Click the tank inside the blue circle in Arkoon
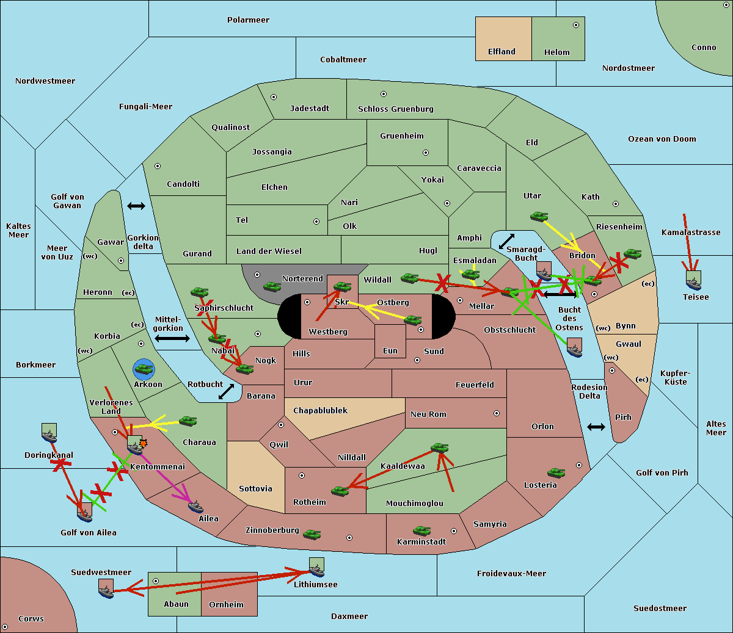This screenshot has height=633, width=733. [144, 369]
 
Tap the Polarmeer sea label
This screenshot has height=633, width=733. [248, 20]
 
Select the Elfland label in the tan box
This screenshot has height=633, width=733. [501, 52]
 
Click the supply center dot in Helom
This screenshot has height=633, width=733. [576, 25]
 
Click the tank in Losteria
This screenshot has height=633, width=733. [556, 472]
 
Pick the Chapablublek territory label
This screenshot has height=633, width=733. [320, 410]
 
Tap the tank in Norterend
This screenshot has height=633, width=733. [272, 286]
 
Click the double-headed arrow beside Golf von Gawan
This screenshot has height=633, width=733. [136, 206]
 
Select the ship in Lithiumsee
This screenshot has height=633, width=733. [316, 568]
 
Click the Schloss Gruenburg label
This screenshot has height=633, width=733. [395, 109]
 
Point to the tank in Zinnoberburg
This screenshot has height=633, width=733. [312, 535]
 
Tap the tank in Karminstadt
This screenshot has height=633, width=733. [421, 531]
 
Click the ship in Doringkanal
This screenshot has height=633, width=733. [49, 433]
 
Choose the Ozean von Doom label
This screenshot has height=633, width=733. [662, 139]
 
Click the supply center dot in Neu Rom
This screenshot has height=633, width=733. [497, 413]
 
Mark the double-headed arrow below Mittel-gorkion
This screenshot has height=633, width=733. [172, 338]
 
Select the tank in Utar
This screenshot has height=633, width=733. [539, 216]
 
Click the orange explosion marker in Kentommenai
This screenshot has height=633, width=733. [144, 443]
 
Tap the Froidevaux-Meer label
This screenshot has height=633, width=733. [511, 573]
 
